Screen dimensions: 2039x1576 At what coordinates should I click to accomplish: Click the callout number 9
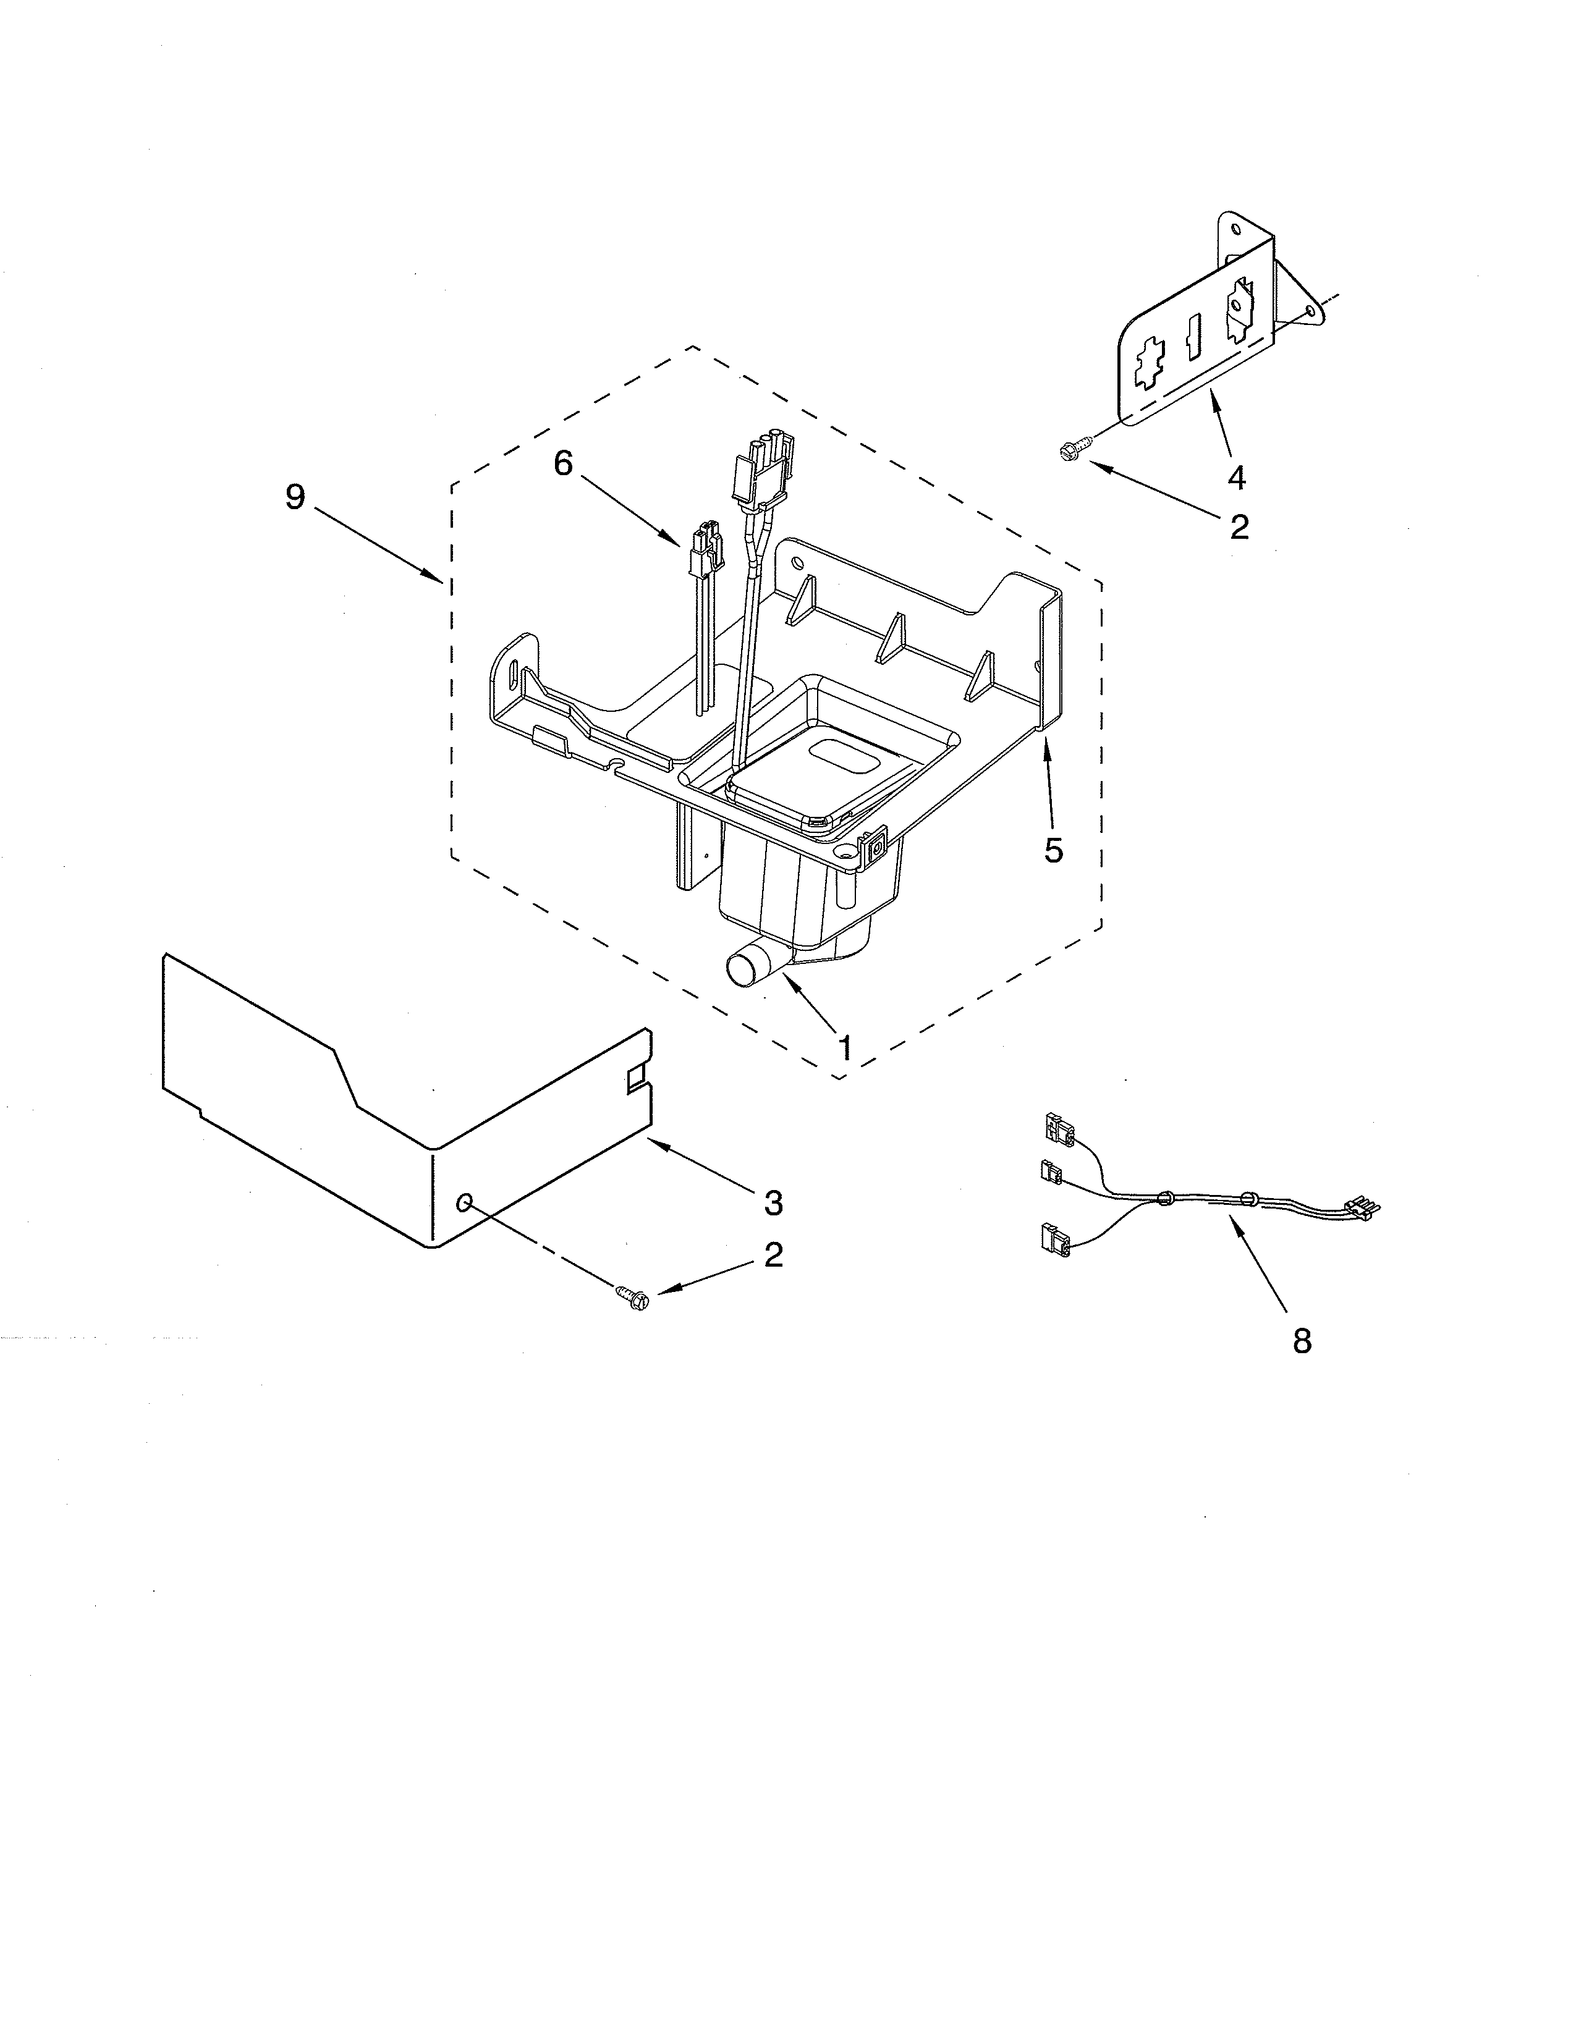295,497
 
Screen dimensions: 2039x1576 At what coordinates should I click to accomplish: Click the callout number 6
563,463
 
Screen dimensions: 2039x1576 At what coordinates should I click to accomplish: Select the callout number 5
1053,850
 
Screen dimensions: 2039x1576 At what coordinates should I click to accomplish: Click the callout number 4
1236,478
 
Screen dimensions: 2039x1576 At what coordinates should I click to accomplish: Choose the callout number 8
1302,1341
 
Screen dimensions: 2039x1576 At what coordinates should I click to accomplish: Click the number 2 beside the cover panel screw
773,1255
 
